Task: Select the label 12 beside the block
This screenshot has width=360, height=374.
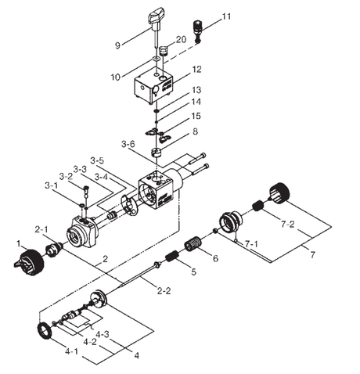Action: pyautogui.click(x=196, y=70)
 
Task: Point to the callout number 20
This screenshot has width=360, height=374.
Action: pyautogui.click(x=180, y=39)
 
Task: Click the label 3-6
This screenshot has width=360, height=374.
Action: pyautogui.click(x=128, y=144)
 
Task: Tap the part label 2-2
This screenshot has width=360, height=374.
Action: pyautogui.click(x=164, y=292)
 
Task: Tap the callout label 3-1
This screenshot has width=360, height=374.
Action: pyautogui.click(x=52, y=185)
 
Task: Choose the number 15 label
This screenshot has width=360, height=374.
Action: pyautogui.click(x=196, y=117)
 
